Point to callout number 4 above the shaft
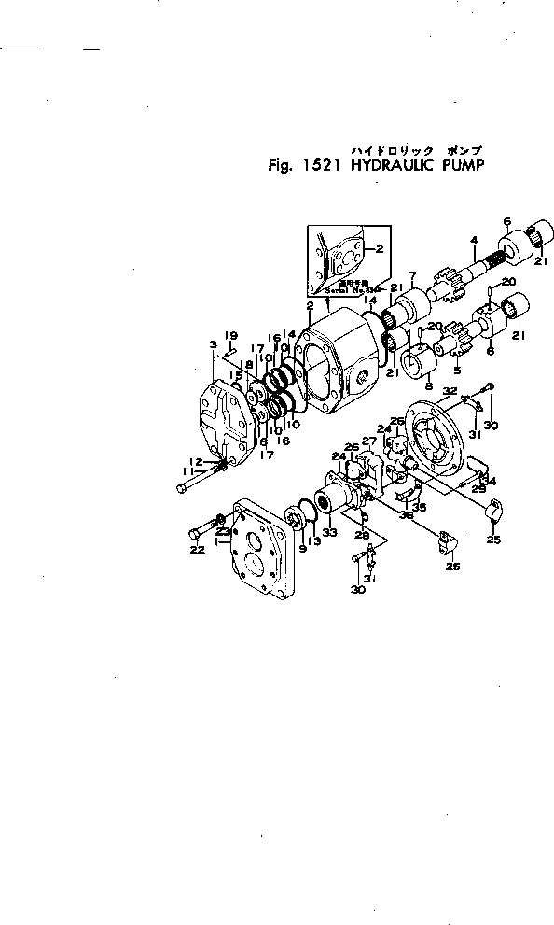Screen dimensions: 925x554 pyautogui.click(x=474, y=240)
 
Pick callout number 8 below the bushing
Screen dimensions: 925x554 pyautogui.click(x=428, y=385)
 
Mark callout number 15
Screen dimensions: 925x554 pyautogui.click(x=238, y=375)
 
